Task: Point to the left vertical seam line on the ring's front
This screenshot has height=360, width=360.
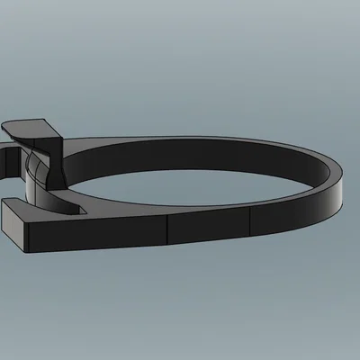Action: point(168,229)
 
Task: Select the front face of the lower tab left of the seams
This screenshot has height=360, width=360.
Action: point(99,232)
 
